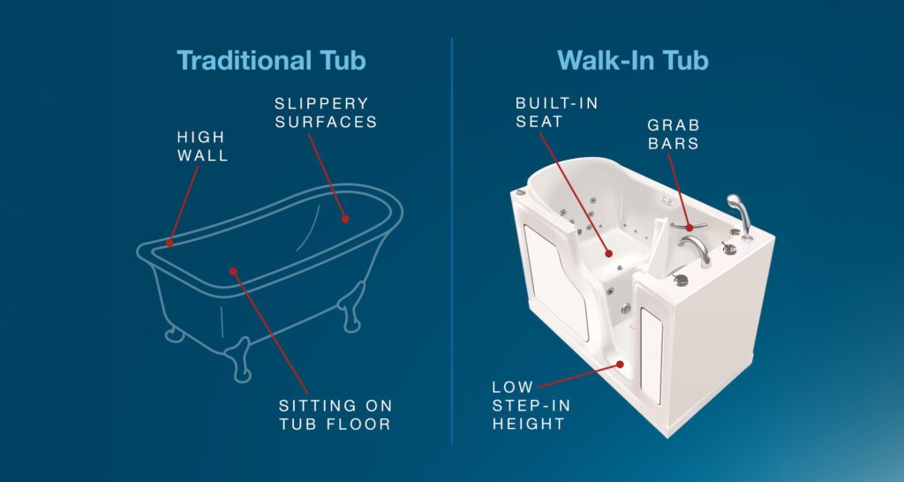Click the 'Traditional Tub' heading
(271, 61)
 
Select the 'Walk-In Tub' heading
(633, 61)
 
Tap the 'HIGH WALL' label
(202, 147)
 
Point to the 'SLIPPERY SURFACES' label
(326, 113)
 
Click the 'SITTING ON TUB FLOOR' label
(335, 414)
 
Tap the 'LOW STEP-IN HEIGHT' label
(530, 405)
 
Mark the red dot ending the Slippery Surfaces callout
(345, 218)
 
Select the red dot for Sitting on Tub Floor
(233, 271)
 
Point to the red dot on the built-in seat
(607, 253)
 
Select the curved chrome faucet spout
(697, 248)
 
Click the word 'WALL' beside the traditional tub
(202, 155)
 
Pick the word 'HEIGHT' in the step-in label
(530, 423)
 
